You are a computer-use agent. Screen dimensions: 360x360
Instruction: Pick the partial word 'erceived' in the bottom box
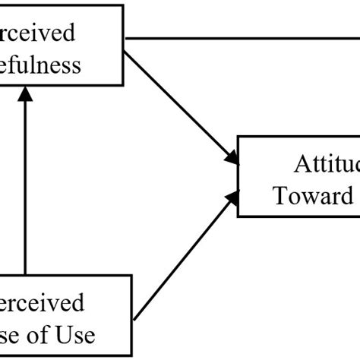(x=43, y=304)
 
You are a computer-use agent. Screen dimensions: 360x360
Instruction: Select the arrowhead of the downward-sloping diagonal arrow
(x=232, y=157)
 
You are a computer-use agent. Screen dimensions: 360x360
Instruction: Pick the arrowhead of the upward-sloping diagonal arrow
(x=232, y=196)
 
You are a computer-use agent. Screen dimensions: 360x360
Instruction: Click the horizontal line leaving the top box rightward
(x=243, y=36)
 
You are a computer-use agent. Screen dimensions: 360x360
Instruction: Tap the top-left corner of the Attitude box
(x=239, y=137)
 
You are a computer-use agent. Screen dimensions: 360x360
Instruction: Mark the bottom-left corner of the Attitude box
(x=239, y=216)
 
